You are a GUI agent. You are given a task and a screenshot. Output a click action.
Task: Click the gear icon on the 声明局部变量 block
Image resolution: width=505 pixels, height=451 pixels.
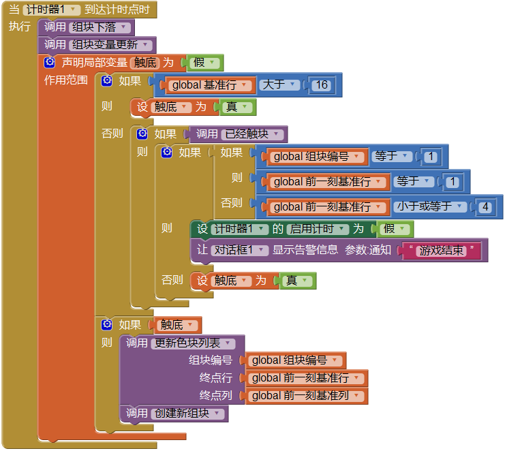(x=50, y=63)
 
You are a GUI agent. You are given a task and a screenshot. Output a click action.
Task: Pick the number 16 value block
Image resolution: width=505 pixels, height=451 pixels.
(x=322, y=85)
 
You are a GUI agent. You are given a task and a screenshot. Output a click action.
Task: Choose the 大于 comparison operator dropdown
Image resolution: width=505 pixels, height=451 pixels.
(x=280, y=85)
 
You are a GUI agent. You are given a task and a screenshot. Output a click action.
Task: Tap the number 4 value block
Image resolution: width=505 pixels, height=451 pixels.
(x=485, y=206)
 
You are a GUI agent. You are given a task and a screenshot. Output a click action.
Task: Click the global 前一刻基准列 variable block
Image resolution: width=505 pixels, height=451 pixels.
(x=306, y=396)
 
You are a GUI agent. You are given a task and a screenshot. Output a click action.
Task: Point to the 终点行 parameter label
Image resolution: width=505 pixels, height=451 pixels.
(x=215, y=378)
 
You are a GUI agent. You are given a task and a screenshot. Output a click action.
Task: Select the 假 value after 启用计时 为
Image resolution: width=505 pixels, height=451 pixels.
(x=393, y=230)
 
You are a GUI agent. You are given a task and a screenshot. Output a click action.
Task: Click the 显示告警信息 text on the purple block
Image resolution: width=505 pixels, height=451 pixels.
(x=305, y=250)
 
